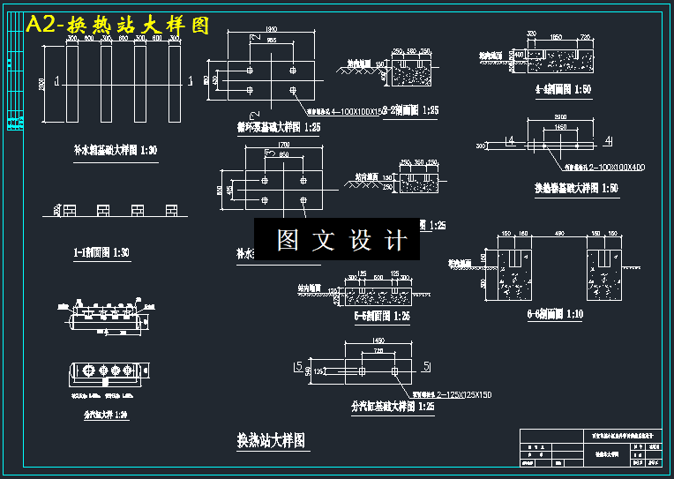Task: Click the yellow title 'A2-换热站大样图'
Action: pos(119,25)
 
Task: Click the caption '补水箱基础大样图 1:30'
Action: pos(116,151)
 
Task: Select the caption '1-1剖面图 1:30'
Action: pos(101,253)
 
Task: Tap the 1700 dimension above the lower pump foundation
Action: pos(283,144)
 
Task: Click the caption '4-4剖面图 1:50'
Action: pos(563,89)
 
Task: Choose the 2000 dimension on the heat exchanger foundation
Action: pos(560,116)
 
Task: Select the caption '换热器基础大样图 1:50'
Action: pos(575,188)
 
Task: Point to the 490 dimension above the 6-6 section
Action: pos(558,233)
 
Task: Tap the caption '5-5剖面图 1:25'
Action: pos(382,315)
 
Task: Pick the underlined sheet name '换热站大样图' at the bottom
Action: pos(272,440)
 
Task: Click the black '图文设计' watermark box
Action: pos(337,239)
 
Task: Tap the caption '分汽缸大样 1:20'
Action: pos(105,414)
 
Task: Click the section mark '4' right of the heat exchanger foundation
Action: pos(608,141)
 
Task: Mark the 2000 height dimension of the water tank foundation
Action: pos(42,84)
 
